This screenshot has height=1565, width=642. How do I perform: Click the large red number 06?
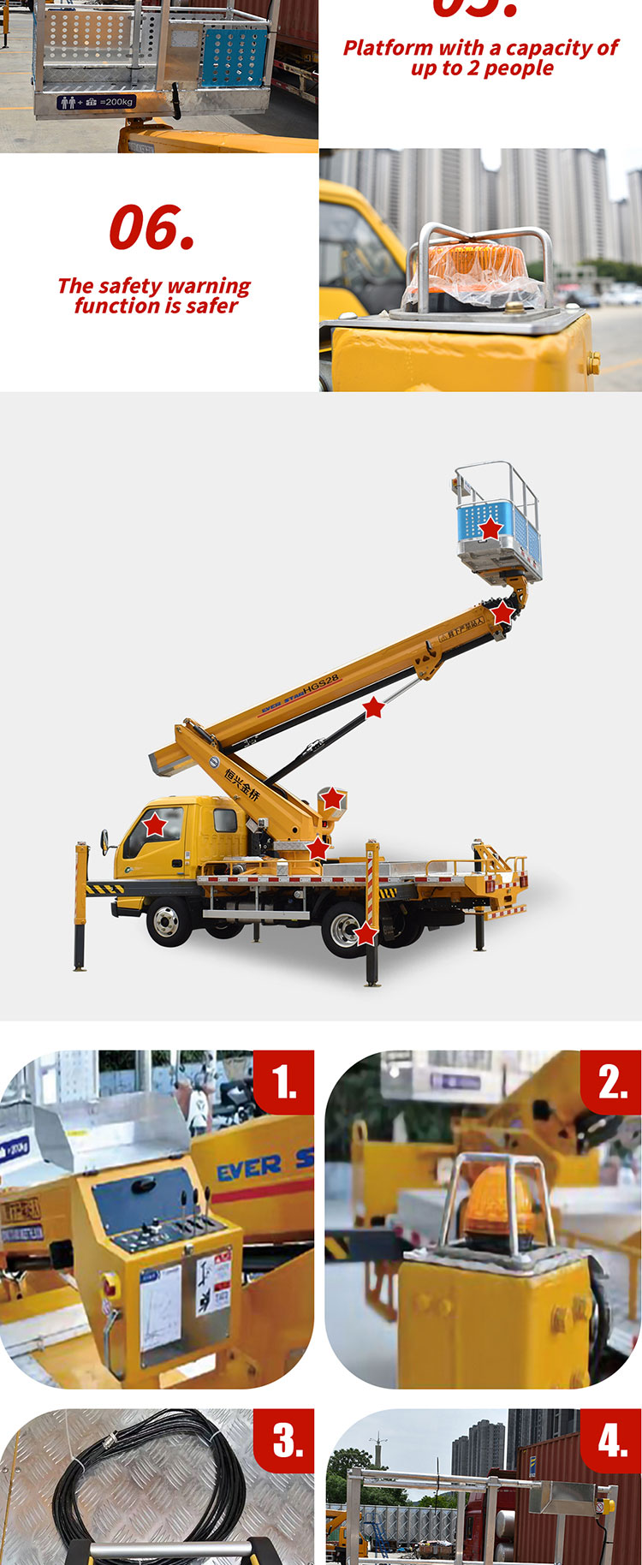coord(152,228)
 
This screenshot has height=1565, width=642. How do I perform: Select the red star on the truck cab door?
coord(155,825)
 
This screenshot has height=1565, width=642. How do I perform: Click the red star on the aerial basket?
coord(490,528)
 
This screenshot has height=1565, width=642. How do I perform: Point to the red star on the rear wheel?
coord(366,933)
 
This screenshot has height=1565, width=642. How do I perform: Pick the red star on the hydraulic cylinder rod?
coord(374,707)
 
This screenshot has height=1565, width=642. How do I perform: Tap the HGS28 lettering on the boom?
coord(321,687)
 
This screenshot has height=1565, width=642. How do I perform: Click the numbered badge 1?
coord(285,1082)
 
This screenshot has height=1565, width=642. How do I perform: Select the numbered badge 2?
coord(613,1082)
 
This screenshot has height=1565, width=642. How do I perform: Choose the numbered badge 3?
coord(287,1441)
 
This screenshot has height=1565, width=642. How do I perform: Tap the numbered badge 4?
coord(613,1441)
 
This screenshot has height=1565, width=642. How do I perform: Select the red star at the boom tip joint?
coord(502,613)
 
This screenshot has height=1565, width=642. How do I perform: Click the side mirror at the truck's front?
coord(104,842)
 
